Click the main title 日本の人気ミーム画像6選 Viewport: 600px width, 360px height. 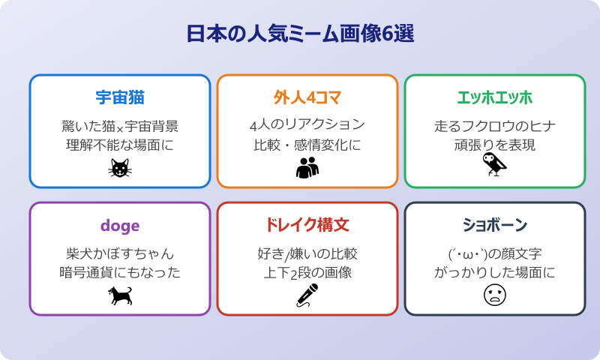pos(300,34)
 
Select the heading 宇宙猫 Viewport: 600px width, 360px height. pos(120,97)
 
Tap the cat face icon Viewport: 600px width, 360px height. pos(120,169)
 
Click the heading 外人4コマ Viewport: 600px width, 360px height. pos(307,97)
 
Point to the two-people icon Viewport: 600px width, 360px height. pos(307,169)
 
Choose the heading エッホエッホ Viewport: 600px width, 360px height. pos(495,97)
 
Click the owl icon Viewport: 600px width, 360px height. pos(494,165)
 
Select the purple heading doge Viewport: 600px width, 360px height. pos(120,225)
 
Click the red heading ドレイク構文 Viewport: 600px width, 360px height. pos(307,225)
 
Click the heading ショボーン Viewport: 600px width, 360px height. pos(495,225)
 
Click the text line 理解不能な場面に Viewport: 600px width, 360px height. pos(120,144)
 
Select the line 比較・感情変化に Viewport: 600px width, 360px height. pos(307,144)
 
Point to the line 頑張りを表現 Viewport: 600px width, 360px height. pos(495,144)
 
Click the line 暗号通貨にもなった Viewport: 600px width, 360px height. pos(120,271)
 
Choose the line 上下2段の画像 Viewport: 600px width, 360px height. pos(307,271)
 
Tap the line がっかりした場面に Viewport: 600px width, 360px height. pos(495,271)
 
